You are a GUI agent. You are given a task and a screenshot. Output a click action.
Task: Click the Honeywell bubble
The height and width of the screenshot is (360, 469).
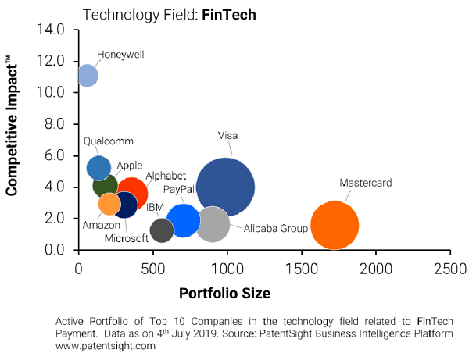[88, 76]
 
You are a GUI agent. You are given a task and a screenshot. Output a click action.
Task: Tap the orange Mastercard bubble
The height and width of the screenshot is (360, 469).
[335, 225]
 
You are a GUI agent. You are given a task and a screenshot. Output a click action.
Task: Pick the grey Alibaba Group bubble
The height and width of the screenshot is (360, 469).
[212, 224]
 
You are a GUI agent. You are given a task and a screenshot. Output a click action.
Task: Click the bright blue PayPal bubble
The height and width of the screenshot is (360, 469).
[184, 219]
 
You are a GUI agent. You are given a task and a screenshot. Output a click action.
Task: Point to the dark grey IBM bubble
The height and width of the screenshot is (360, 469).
[161, 230]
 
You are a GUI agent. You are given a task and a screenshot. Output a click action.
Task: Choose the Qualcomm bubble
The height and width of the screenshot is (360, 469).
[98, 167]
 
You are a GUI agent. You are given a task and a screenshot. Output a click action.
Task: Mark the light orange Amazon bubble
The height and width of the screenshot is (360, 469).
[109, 204]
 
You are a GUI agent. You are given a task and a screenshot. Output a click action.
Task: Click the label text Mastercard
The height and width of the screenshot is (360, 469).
[365, 184]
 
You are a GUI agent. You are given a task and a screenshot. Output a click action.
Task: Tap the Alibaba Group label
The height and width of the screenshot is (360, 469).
[276, 229]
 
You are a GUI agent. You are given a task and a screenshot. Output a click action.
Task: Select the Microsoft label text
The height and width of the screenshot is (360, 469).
[126, 237]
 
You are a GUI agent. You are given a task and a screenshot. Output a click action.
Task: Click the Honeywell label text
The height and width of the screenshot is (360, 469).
[120, 55]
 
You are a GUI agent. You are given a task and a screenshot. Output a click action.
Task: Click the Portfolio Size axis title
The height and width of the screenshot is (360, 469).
[225, 294]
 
